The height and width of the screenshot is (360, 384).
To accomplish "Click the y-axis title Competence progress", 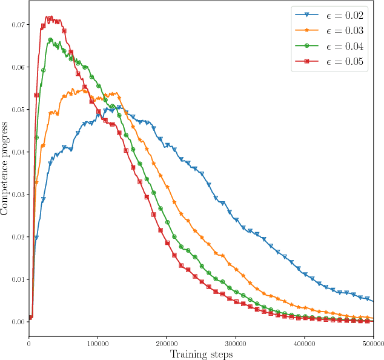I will tap(5, 168).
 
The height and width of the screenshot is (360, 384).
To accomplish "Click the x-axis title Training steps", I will tap(201, 354).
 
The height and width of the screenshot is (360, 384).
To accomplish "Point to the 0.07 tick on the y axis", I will tap(16, 25).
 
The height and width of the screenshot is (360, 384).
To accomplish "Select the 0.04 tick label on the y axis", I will tap(16, 152).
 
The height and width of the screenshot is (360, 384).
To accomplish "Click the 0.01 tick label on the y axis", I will tap(16, 279).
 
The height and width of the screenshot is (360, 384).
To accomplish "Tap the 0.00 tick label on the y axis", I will tap(16, 322).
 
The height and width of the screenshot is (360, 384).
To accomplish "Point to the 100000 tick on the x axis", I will tap(98, 342).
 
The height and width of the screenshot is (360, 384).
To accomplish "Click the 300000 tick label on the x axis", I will tap(236, 342).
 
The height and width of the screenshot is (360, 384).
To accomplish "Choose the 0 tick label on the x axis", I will tap(29, 342).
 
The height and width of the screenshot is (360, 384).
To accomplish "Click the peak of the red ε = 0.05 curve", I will tap(50, 17).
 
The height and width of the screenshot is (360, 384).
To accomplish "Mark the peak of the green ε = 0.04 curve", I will tap(51, 40).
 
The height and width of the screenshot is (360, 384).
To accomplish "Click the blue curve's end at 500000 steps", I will tap(373, 301).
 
